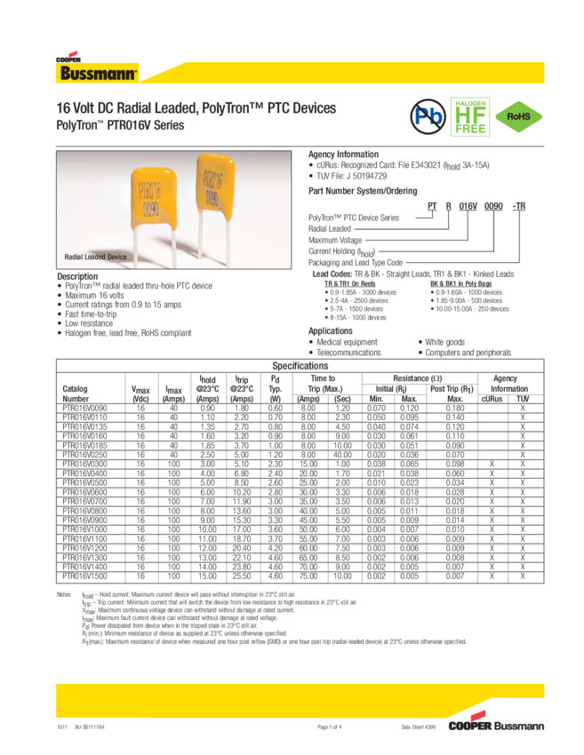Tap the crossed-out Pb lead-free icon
click(x=424, y=115)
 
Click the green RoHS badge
click(x=518, y=115)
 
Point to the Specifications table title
click(x=300, y=365)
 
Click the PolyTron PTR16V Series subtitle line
click(x=120, y=125)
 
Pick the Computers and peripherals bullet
click(x=467, y=352)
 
